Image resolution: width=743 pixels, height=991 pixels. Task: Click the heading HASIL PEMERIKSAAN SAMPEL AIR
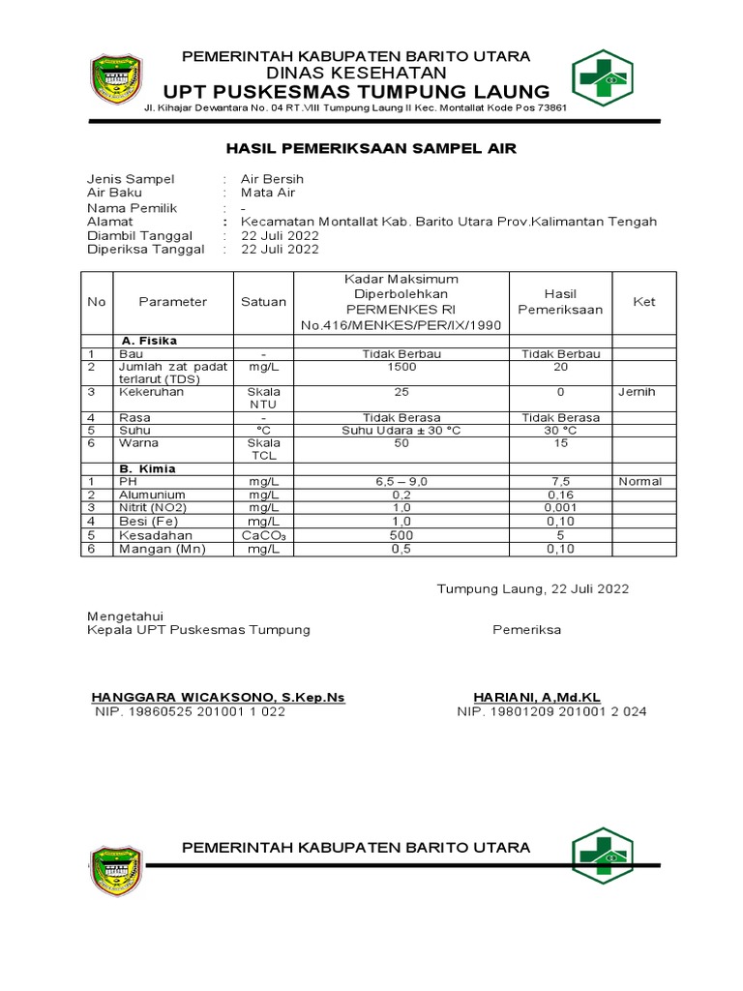coord(371,148)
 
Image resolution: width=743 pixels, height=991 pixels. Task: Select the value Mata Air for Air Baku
coord(268,193)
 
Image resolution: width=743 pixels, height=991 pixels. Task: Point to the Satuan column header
coord(263,301)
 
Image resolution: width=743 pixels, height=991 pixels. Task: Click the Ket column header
coord(643,301)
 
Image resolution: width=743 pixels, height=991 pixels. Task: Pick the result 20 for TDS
coord(560,368)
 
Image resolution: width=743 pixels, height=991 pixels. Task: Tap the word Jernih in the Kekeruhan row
coord(638,392)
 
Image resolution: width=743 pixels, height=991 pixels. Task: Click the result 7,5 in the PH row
coord(560,481)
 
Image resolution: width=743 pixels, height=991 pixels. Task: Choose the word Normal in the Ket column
coord(640,481)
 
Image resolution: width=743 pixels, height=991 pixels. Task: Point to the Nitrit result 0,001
coord(560,507)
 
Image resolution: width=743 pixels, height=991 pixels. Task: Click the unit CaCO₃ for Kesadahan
coord(263,535)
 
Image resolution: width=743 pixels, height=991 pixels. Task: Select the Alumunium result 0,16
coord(560,494)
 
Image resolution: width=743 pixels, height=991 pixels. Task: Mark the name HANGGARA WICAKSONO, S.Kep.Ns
coord(217,697)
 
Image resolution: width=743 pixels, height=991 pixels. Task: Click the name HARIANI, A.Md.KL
coord(550,697)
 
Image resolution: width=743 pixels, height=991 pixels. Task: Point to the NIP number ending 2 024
coord(551,711)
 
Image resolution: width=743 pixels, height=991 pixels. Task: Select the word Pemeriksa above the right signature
coord(526,629)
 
